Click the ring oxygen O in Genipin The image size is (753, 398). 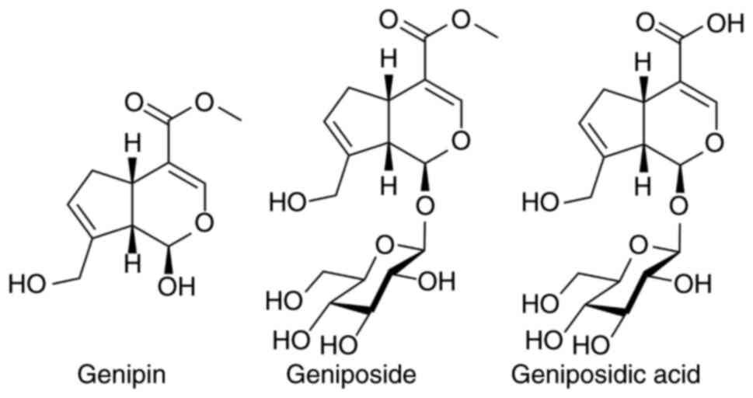204,223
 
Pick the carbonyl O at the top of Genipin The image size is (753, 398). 134,102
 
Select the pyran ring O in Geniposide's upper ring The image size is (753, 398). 460,141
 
